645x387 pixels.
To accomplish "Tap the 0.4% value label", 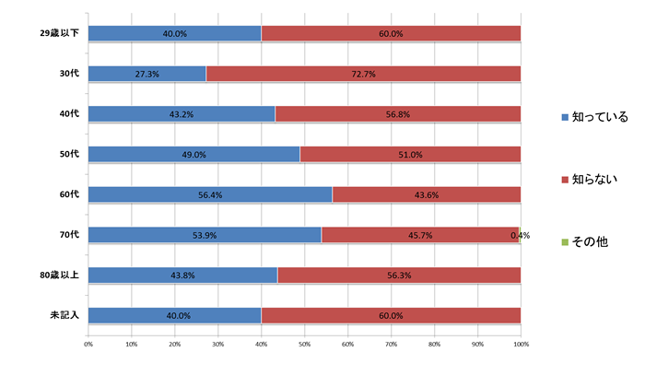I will click(x=520, y=235).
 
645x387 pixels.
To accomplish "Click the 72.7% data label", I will click(x=364, y=74).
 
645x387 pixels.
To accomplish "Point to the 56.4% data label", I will click(x=210, y=194).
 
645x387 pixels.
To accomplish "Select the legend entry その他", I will click(x=590, y=241).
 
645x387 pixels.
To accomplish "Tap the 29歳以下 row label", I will click(x=57, y=34).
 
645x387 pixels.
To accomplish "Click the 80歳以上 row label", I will click(x=59, y=276).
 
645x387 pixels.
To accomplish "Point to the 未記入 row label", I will click(x=64, y=316).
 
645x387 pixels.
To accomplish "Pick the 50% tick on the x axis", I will click(x=304, y=345).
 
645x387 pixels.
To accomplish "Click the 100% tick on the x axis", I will click(x=521, y=345).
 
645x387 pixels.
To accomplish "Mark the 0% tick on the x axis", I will click(x=88, y=345).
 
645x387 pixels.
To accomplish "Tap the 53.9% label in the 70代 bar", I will click(x=205, y=235).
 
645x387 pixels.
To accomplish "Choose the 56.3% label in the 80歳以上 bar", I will click(x=399, y=276).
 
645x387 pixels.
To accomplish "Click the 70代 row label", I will click(x=69, y=235).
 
